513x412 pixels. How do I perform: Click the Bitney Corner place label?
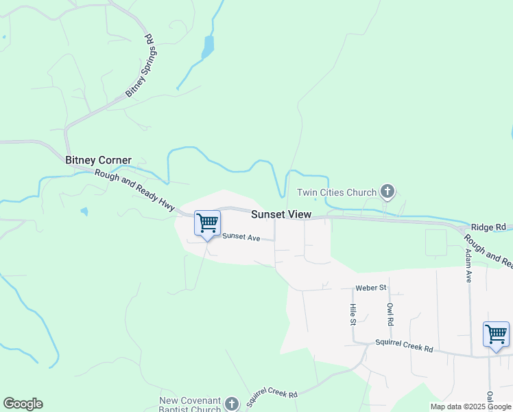click(x=98, y=160)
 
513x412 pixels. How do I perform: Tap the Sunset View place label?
click(x=281, y=214)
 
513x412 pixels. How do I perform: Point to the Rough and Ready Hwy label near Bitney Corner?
click(x=134, y=189)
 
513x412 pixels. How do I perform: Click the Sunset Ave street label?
click(x=241, y=238)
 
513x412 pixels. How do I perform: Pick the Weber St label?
click(x=371, y=287)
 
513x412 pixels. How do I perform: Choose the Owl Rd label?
click(x=390, y=313)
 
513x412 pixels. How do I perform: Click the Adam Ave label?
click(x=468, y=266)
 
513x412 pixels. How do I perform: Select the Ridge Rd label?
click(x=488, y=227)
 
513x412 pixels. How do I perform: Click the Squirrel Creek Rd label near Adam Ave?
click(x=404, y=346)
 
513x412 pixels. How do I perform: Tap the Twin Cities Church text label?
click(x=337, y=193)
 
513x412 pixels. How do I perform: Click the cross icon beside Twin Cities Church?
click(x=387, y=192)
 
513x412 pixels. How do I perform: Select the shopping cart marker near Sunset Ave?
click(x=207, y=223)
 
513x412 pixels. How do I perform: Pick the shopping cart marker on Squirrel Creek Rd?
click(x=496, y=334)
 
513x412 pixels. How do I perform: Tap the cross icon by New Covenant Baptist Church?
click(x=232, y=404)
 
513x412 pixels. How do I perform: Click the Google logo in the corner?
click(x=23, y=404)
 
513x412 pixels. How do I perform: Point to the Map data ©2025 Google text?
click(x=470, y=407)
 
